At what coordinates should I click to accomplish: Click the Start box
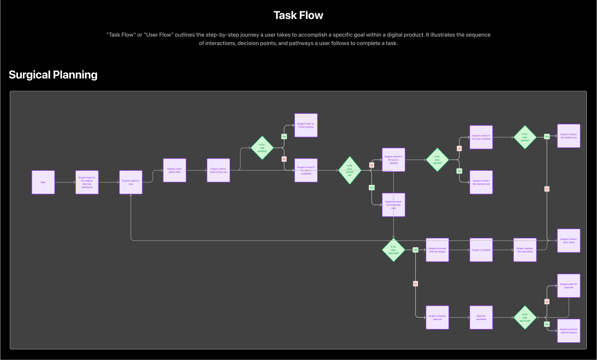pyautogui.click(x=43, y=182)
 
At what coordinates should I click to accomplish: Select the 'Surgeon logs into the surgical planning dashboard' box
pyautogui.click(x=87, y=182)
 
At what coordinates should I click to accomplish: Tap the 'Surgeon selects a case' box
pyautogui.click(x=131, y=182)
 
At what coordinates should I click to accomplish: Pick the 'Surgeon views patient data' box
pyautogui.click(x=174, y=170)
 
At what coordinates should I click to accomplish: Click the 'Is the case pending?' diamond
pyautogui.click(x=262, y=148)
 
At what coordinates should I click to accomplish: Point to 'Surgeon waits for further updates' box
pyautogui.click(x=306, y=125)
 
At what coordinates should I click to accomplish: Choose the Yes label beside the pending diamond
pyautogui.click(x=284, y=137)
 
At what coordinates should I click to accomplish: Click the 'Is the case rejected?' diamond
pyautogui.click(x=437, y=160)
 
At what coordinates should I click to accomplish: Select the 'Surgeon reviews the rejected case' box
pyautogui.click(x=481, y=182)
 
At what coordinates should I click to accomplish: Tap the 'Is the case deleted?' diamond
pyautogui.click(x=525, y=137)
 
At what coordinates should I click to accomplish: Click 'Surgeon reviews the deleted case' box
pyautogui.click(x=569, y=136)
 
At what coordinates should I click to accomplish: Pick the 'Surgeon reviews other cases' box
pyautogui.click(x=569, y=241)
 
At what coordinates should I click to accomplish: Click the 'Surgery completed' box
pyautogui.click(x=481, y=250)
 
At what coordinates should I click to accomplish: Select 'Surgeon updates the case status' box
pyautogui.click(x=525, y=250)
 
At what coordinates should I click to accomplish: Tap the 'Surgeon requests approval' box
pyautogui.click(x=437, y=317)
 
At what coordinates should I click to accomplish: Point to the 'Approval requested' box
pyautogui.click(x=481, y=317)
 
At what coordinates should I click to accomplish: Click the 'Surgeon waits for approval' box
pyautogui.click(x=569, y=286)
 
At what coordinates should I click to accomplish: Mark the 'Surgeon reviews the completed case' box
pyautogui.click(x=393, y=205)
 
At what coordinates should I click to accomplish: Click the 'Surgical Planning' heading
pyautogui.click(x=53, y=75)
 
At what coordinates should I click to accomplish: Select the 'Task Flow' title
pyautogui.click(x=298, y=15)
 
